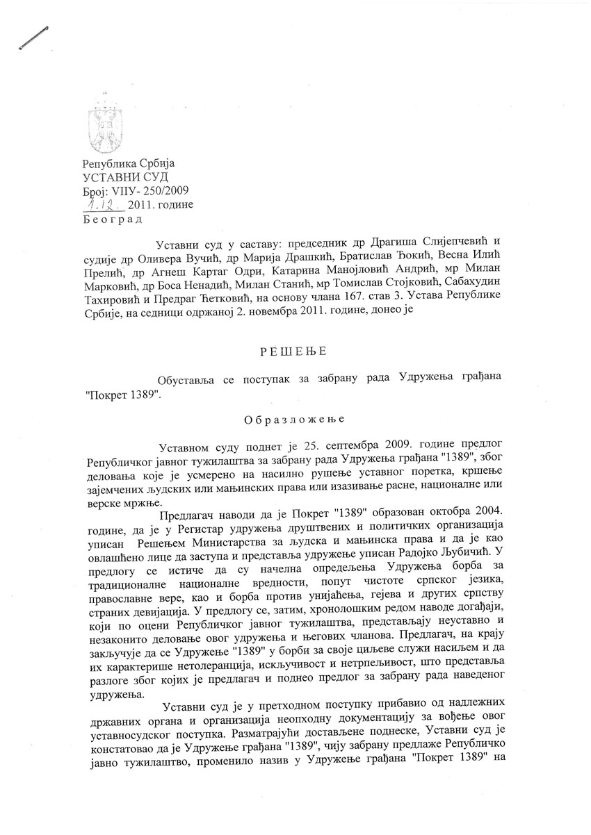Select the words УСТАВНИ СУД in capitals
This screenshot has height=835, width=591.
120,177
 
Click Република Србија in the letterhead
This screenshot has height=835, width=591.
129,164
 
